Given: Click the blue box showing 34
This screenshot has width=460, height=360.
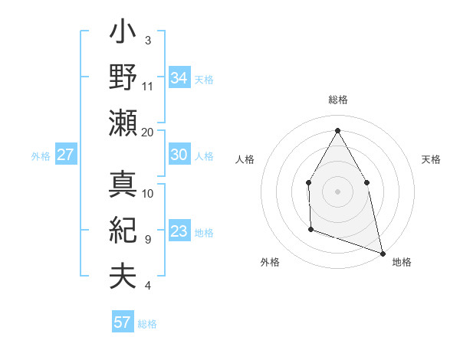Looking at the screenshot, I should pyautogui.click(x=179, y=77).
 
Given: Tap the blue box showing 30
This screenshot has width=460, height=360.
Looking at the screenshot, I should pyautogui.click(x=179, y=155).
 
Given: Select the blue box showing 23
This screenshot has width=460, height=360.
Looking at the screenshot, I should pyautogui.click(x=179, y=231).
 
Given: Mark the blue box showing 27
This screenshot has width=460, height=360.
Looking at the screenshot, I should pyautogui.click(x=65, y=155).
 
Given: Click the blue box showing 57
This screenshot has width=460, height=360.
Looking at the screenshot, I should pyautogui.click(x=123, y=322).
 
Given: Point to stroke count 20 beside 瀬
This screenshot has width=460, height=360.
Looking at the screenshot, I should pyautogui.click(x=148, y=132).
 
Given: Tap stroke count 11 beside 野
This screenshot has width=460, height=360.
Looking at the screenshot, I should pyautogui.click(x=148, y=87).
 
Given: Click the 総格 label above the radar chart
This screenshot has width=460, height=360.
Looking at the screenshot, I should pyautogui.click(x=338, y=100).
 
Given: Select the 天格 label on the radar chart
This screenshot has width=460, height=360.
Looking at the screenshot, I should pyautogui.click(x=431, y=159).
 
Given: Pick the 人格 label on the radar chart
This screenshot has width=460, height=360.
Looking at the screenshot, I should pyautogui.click(x=245, y=159).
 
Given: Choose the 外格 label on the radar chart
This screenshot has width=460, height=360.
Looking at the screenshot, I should pyautogui.click(x=270, y=262).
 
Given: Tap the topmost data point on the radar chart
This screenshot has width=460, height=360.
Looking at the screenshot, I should pyautogui.click(x=337, y=130).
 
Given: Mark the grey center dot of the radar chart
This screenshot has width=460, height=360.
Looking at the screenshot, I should pyautogui.click(x=337, y=191).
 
